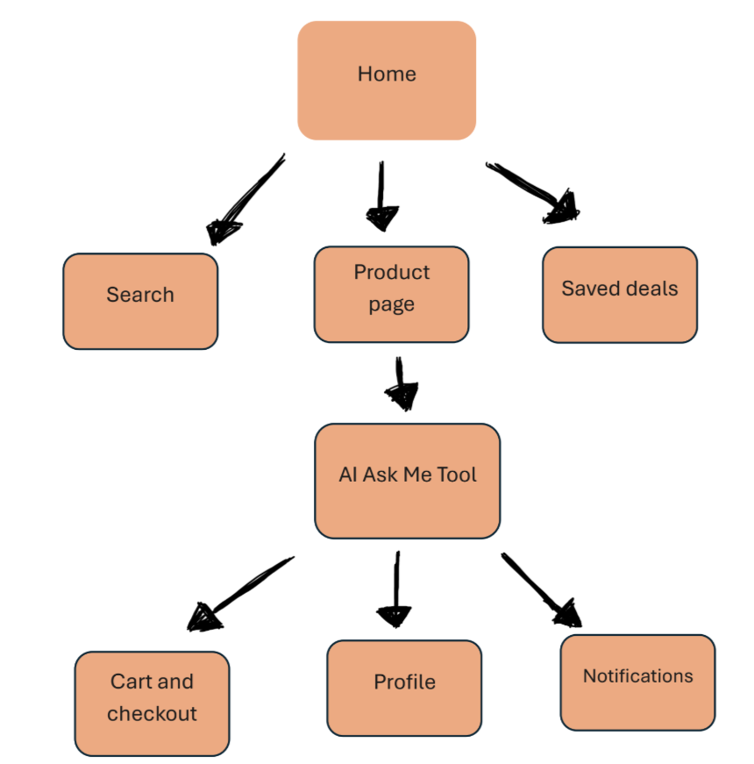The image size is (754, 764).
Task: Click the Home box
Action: [387, 81]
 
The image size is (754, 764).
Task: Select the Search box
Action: [140, 301]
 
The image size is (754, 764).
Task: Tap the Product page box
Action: [391, 294]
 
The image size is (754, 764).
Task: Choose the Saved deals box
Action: [619, 294]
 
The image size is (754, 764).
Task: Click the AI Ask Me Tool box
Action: [407, 481]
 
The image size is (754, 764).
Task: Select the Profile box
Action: [404, 688]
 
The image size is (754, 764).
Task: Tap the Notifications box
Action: [637, 682]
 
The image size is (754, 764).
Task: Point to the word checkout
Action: [152, 714]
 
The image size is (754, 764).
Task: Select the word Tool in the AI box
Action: [455, 475]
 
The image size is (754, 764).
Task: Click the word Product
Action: [392, 273]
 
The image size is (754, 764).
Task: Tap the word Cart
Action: [128, 682]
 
